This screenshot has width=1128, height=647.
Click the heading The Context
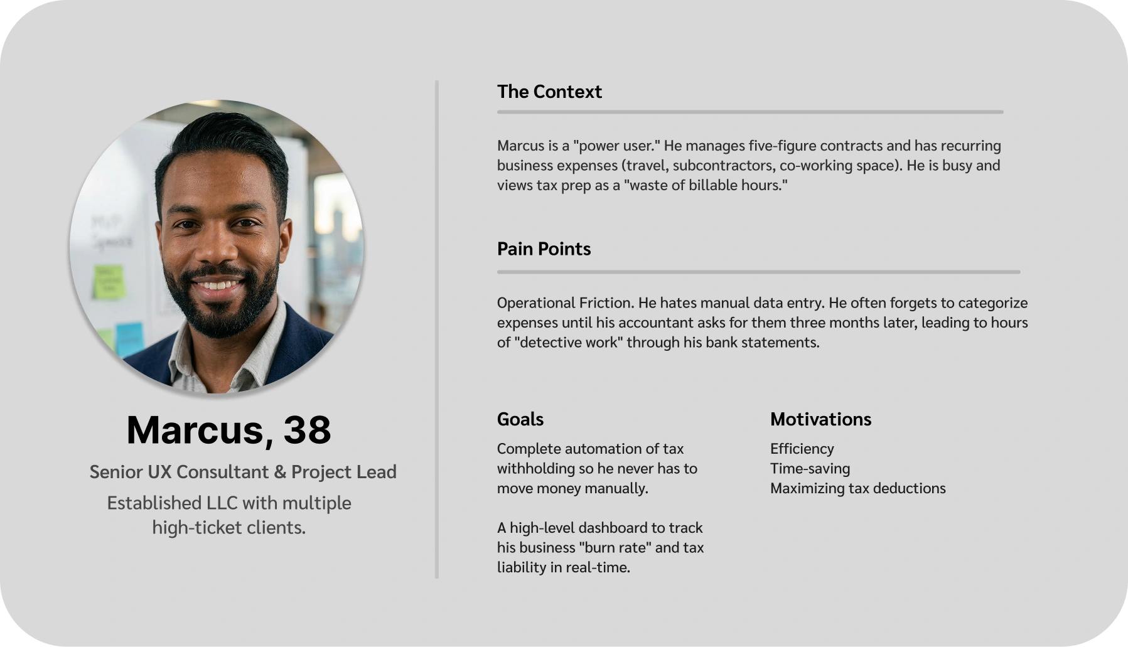[549, 92]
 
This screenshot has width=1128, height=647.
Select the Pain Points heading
[544, 249]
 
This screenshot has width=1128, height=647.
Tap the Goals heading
[520, 419]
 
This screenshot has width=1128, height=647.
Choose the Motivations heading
[820, 419]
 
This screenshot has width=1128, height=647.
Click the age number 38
[307, 430]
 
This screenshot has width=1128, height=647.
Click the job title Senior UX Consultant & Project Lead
[243, 472]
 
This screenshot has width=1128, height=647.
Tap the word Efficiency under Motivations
[802, 449]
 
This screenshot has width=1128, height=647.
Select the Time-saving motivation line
[810, 469]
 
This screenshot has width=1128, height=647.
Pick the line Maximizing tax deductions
[858, 488]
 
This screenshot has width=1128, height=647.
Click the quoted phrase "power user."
[614, 146]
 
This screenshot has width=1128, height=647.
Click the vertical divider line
[437, 329]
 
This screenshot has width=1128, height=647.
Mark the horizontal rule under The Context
[750, 112]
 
